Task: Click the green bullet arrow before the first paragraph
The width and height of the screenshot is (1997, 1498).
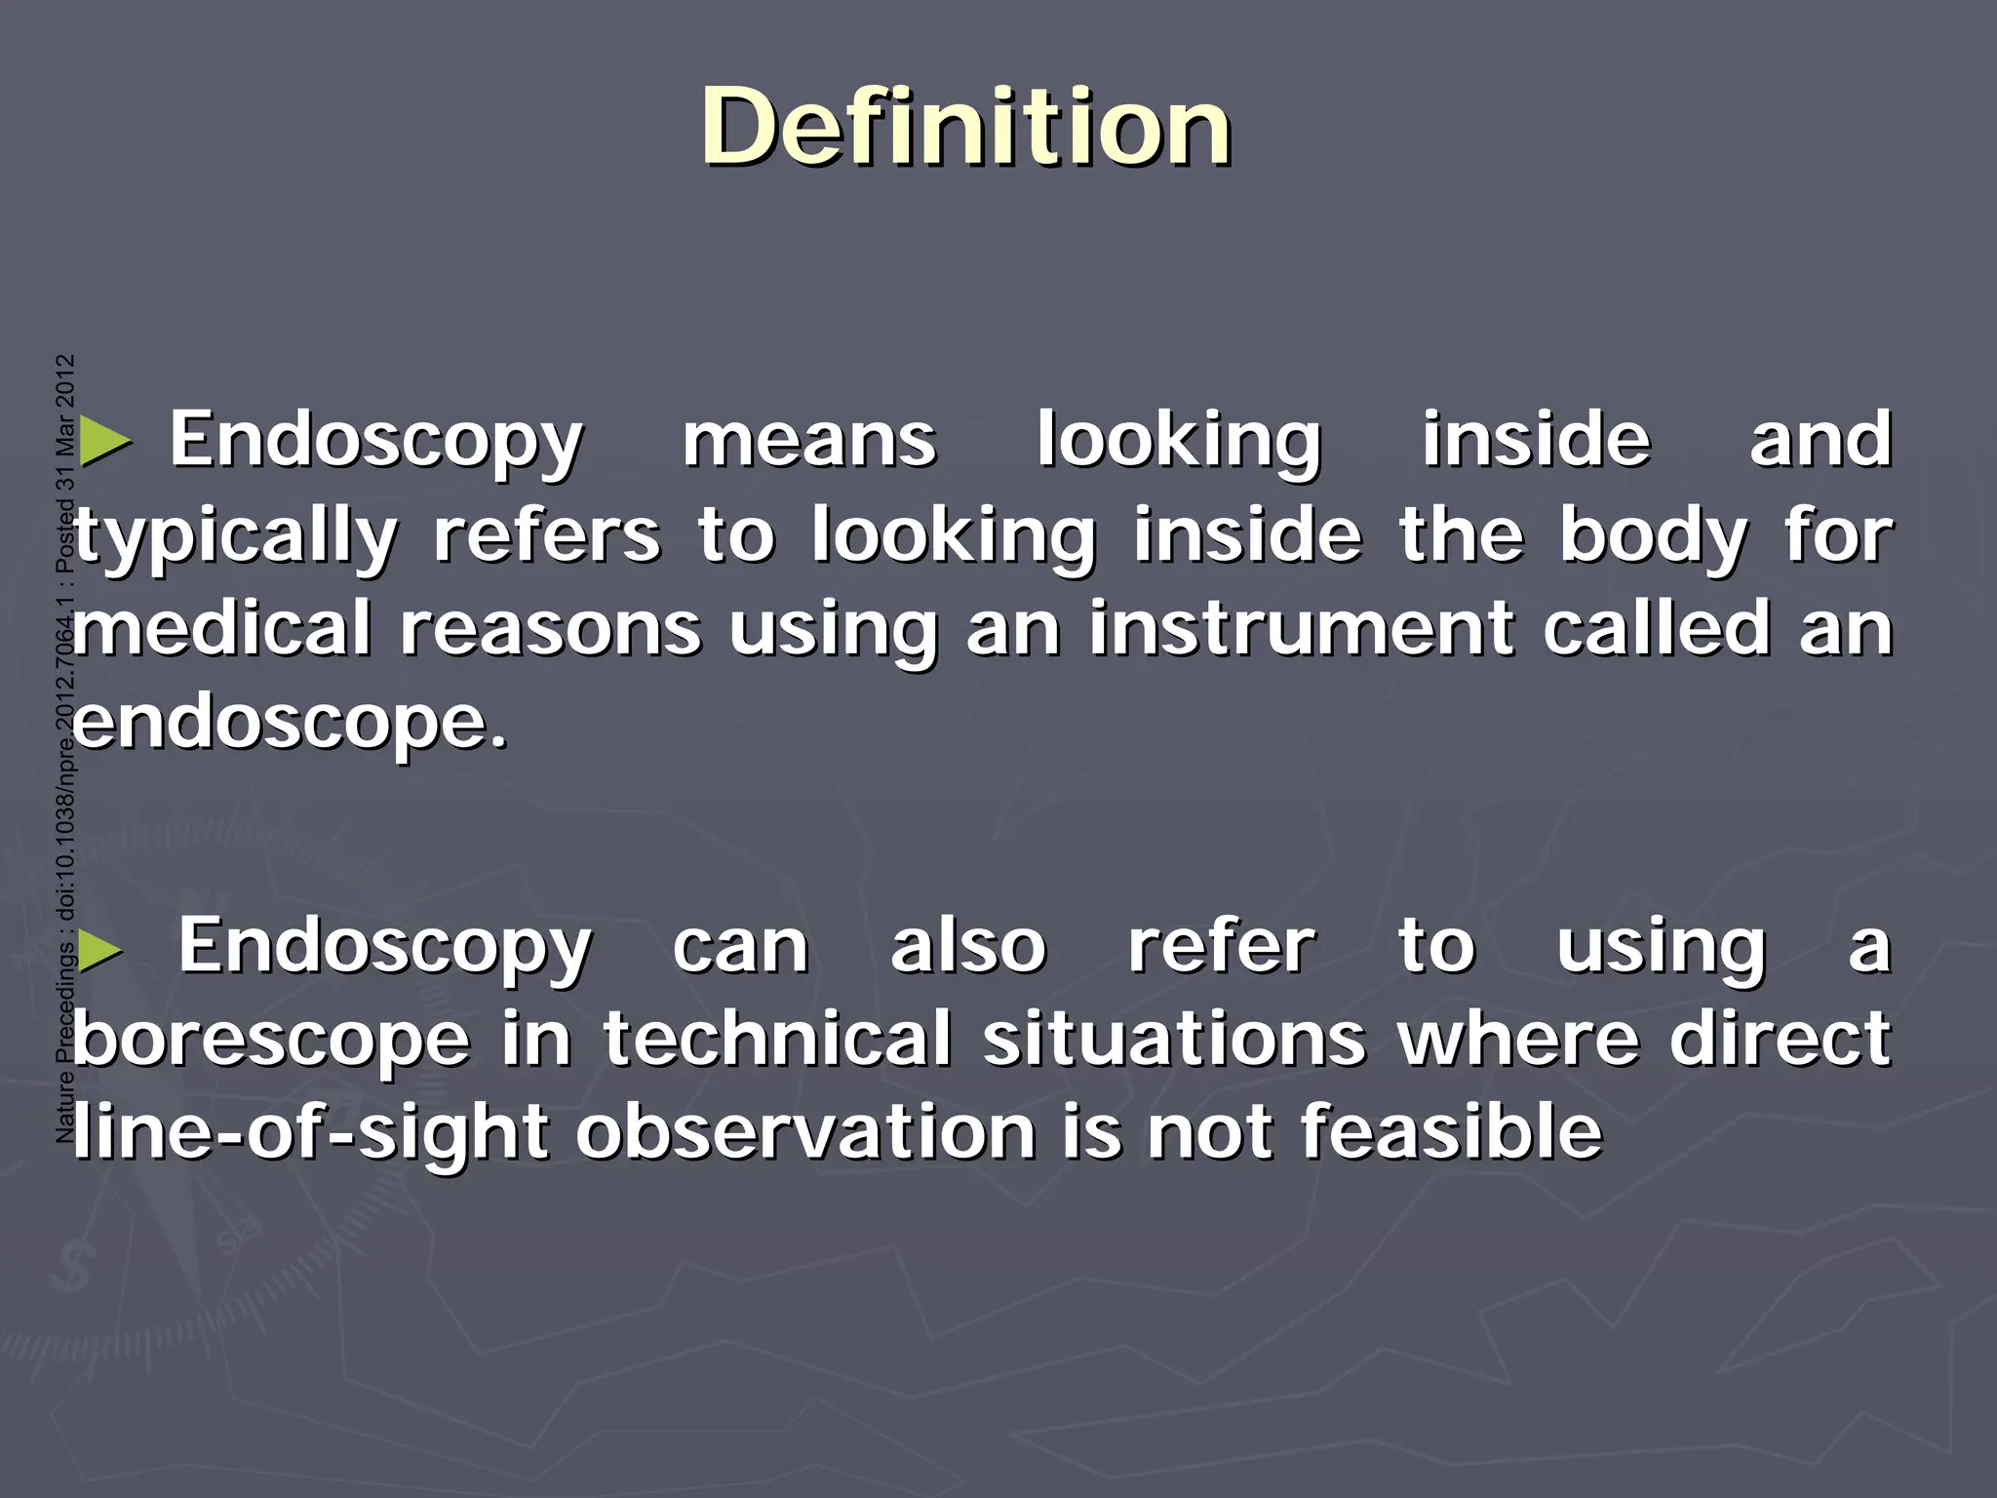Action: [104, 442]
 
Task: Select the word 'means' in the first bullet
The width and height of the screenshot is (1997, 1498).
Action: [808, 441]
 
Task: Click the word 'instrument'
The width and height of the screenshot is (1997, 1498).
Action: [1301, 629]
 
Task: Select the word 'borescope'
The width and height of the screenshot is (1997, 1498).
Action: [271, 1040]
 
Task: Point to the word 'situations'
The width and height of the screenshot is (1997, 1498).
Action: [1174, 1040]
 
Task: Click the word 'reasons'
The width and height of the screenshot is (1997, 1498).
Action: [550, 629]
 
